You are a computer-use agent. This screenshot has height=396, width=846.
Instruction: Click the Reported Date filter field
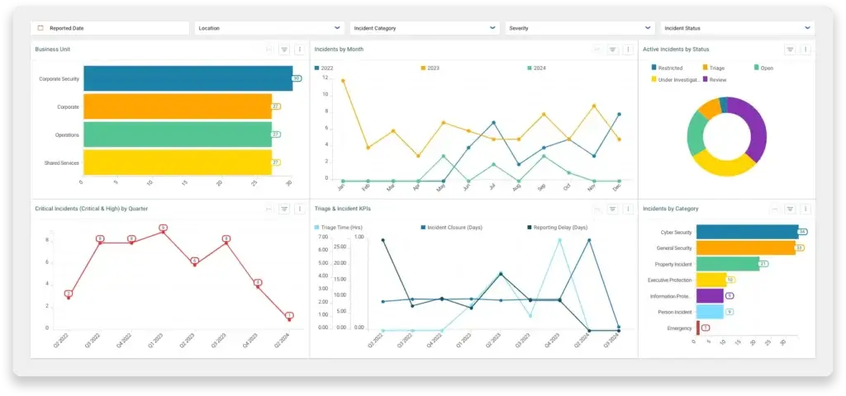[110, 28]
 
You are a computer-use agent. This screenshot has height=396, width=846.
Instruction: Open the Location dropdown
[269, 28]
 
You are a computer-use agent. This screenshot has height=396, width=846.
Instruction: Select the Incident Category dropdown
[425, 28]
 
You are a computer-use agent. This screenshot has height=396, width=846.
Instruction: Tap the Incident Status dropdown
[738, 28]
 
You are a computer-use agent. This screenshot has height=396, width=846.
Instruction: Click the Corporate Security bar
[188, 78]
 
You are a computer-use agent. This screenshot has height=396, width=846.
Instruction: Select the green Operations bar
[178, 134]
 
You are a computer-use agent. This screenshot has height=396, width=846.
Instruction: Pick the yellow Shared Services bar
[178, 163]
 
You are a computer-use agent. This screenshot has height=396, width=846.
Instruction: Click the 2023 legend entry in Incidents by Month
[432, 68]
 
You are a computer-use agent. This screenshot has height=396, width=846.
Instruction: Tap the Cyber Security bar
[747, 232]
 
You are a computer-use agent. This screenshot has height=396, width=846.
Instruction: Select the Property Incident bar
[727, 264]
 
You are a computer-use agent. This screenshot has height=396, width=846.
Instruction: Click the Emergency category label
[679, 328]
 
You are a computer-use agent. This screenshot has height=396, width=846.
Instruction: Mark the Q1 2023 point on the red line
[164, 232]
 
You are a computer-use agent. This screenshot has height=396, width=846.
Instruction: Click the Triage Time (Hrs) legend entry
[338, 227]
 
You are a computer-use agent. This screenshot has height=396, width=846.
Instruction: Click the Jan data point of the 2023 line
[343, 81]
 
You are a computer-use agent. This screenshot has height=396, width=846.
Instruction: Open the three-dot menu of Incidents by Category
[806, 210]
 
